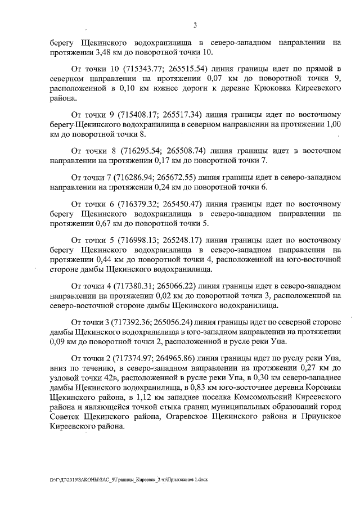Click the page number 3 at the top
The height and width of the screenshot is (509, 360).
point(195,25)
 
